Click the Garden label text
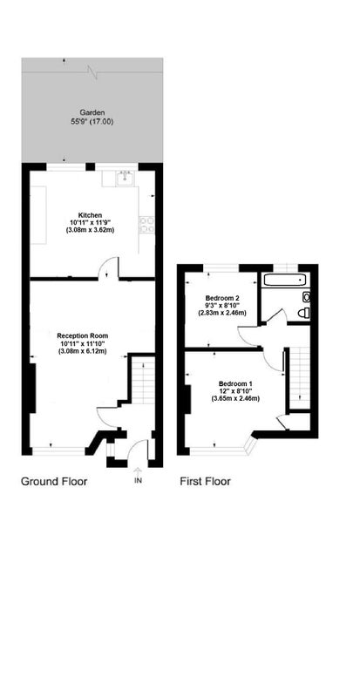(92, 112)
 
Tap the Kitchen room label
(91, 214)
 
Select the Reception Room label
(83, 335)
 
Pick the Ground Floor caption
(54, 481)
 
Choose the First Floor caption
(205, 481)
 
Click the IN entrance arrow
(138, 472)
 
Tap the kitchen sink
(126, 178)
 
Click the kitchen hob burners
(147, 225)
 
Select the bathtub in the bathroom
(285, 281)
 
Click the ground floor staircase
(142, 379)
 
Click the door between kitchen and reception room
(109, 268)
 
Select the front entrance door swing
(137, 449)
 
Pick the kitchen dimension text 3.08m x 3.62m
(91, 230)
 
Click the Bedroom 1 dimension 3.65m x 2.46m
(235, 399)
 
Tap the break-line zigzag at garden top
(92, 71)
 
